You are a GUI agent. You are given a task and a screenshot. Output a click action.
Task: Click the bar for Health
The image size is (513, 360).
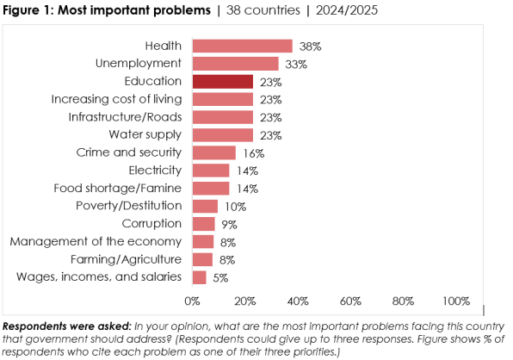(x=242, y=46)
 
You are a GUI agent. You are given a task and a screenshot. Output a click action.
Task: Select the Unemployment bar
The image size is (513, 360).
(x=235, y=64)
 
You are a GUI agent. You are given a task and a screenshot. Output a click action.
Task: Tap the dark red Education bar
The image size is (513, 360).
(x=222, y=82)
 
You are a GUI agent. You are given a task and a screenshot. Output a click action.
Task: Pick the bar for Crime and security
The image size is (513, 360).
(x=213, y=152)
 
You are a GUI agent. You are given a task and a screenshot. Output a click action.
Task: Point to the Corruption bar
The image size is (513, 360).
(x=204, y=224)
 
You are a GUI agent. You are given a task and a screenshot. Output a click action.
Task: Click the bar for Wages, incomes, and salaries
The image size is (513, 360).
(x=199, y=277)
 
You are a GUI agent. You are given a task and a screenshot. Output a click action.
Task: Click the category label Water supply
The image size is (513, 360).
(x=145, y=134)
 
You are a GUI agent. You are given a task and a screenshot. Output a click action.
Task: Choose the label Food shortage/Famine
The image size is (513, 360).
(x=117, y=188)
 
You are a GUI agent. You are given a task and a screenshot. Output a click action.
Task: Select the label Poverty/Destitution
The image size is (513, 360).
(x=128, y=206)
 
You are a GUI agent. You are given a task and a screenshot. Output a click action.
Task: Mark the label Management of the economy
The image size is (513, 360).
(x=96, y=241)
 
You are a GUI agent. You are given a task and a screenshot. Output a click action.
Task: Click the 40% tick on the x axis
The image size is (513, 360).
(x=298, y=301)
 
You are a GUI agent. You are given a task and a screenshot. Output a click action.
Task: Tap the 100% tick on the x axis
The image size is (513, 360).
(x=456, y=301)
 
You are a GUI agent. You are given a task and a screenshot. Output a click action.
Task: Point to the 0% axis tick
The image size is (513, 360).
(x=192, y=301)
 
